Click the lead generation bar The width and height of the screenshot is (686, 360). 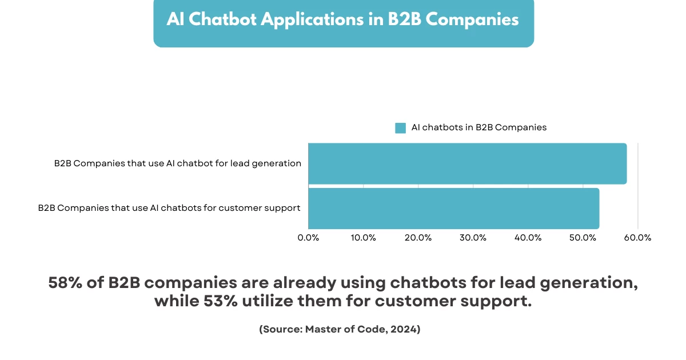(x=467, y=163)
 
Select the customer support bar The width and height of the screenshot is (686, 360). (x=453, y=209)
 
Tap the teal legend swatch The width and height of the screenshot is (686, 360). (x=400, y=128)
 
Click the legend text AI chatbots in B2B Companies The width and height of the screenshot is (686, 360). (x=479, y=127)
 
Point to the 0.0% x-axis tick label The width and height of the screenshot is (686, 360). (x=309, y=238)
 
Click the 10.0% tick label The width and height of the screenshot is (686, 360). (x=364, y=238)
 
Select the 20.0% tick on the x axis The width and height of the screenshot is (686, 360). (x=418, y=238)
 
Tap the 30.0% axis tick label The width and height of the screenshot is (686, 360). (x=473, y=238)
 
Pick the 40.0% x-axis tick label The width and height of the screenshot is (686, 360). (x=528, y=238)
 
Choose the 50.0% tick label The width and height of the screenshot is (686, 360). (x=583, y=238)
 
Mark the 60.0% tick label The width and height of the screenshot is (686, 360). (x=638, y=238)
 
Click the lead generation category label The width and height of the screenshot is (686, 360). (x=178, y=163)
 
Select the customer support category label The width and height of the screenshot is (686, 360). (x=169, y=208)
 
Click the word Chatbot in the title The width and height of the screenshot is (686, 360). (x=223, y=19)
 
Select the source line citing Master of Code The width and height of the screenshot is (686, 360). (x=340, y=330)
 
